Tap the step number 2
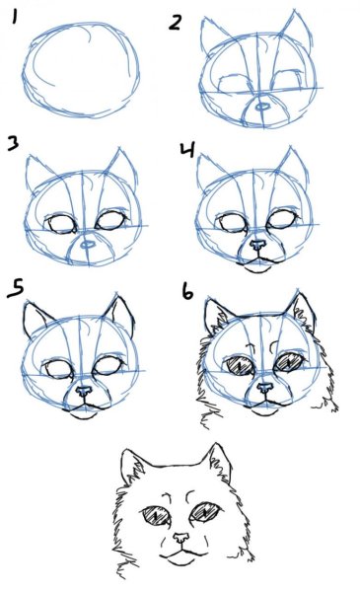point(175,20)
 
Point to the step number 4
point(188,151)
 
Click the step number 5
point(15,289)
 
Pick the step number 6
point(187,293)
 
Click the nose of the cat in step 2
point(261,105)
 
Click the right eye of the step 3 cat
point(110,223)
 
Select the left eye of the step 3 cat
point(63,224)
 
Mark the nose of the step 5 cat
point(83,392)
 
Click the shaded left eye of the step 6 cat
point(240,365)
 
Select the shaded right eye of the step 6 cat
point(287,362)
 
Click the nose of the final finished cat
point(179,539)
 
